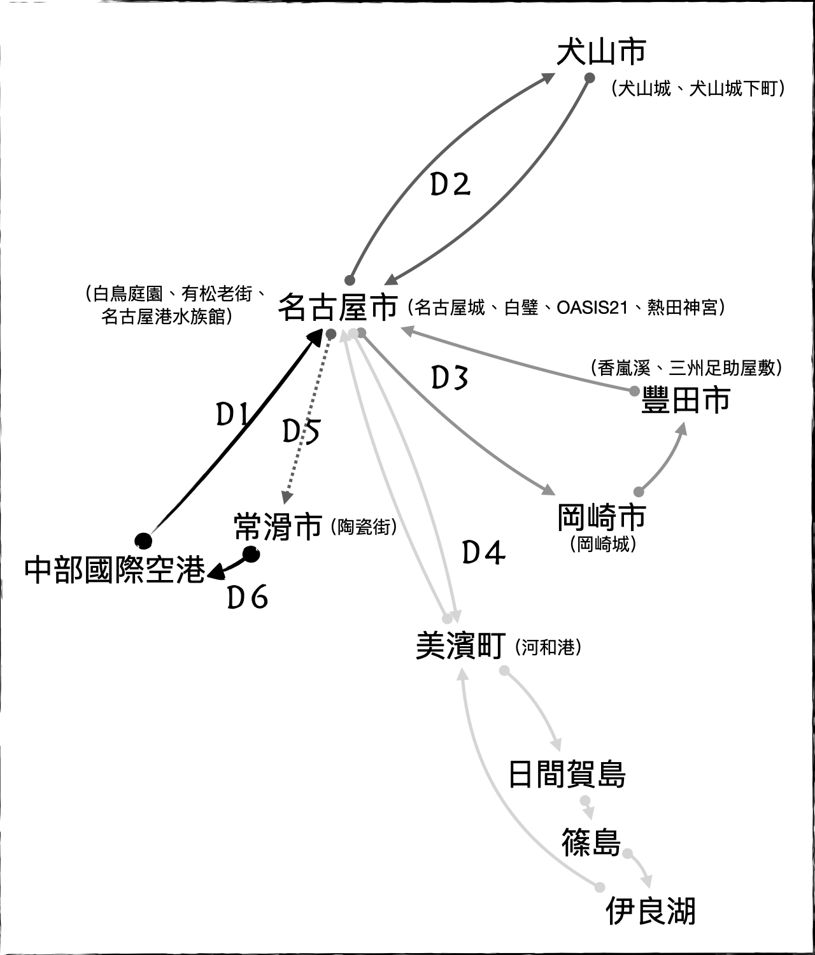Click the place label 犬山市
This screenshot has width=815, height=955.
601,52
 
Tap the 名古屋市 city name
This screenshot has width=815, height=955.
337,308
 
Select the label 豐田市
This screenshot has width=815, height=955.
685,401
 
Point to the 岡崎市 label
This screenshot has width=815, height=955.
601,517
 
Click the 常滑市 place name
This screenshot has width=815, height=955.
278,527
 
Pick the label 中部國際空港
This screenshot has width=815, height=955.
115,570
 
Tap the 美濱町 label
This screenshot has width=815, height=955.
460,646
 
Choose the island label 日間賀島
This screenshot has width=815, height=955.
567,774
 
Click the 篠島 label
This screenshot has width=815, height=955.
591,842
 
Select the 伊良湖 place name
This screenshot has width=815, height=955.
650,910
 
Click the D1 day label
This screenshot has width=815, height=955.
232,416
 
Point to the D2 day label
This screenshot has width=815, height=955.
450,185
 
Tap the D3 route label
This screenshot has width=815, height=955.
450,378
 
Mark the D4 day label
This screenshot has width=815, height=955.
483,553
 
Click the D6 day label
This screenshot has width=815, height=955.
248,598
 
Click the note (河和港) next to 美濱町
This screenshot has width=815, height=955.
548,647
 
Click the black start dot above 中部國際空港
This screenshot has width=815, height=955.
144,540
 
